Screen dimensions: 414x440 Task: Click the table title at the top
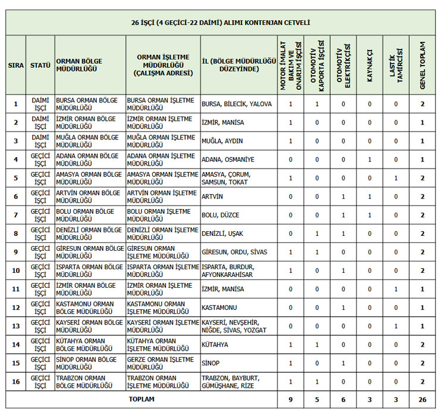click(221, 23)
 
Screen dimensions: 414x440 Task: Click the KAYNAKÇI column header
click(369, 64)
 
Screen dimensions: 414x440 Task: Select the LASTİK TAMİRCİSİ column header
click(396, 64)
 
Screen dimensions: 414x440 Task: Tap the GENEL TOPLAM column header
click(422, 64)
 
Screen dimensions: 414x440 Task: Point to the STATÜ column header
click(40, 65)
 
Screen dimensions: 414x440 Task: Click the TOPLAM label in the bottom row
click(142, 400)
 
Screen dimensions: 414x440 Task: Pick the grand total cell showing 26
click(422, 400)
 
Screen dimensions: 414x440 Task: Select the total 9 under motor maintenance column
click(291, 400)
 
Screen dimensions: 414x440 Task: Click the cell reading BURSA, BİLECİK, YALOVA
click(237, 104)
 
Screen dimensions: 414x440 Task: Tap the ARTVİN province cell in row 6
click(212, 197)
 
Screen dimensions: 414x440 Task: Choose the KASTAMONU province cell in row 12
click(220, 307)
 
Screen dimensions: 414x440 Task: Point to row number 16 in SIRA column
click(16, 381)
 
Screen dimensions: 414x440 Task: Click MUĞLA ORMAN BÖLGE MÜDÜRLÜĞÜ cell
click(89, 141)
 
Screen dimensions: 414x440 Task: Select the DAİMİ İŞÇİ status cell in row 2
click(40, 122)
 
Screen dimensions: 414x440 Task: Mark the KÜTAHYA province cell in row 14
click(215, 344)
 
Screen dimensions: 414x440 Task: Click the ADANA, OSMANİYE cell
click(228, 160)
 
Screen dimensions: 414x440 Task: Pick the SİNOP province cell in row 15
click(211, 363)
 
